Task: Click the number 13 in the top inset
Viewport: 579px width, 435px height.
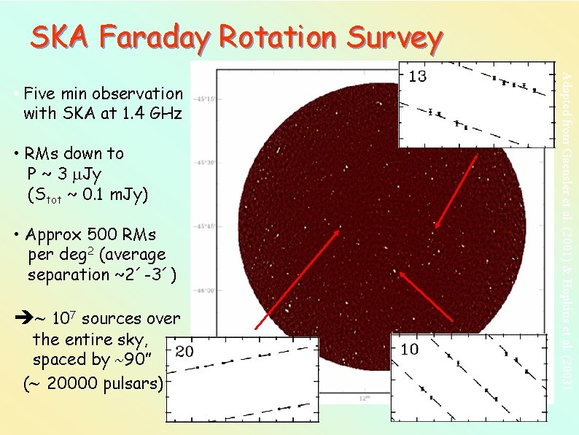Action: (417, 76)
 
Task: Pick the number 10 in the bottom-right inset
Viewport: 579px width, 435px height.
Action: (410, 350)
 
